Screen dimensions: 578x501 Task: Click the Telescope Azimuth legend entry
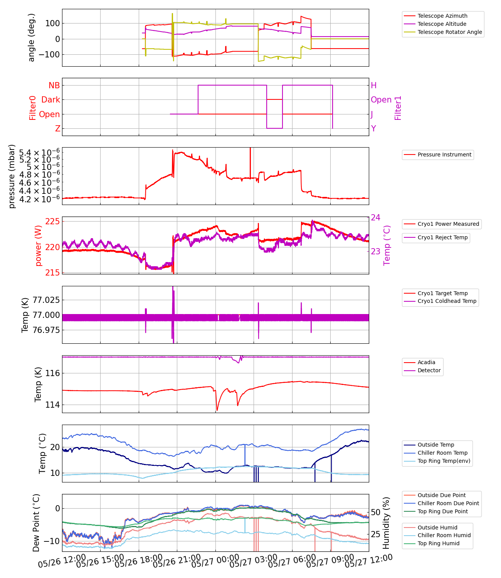[442, 16]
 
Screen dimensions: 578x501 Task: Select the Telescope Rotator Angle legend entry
[449, 32]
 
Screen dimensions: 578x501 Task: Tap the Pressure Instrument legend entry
[444, 155]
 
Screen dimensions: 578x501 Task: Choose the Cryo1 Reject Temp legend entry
[442, 237]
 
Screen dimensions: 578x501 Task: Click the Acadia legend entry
[426, 362]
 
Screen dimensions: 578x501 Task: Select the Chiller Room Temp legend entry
[442, 453]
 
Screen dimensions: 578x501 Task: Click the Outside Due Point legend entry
[441, 495]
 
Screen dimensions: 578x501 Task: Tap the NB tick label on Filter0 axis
[54, 86]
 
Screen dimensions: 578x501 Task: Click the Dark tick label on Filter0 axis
[51, 100]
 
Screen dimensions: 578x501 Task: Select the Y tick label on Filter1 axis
[373, 129]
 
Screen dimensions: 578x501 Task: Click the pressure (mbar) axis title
[12, 176]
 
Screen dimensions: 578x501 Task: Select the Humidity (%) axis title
[386, 523]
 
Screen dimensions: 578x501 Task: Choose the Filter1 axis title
[398, 108]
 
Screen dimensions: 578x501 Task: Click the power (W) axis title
[38, 245]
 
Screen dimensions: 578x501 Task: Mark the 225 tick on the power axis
[52, 221]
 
